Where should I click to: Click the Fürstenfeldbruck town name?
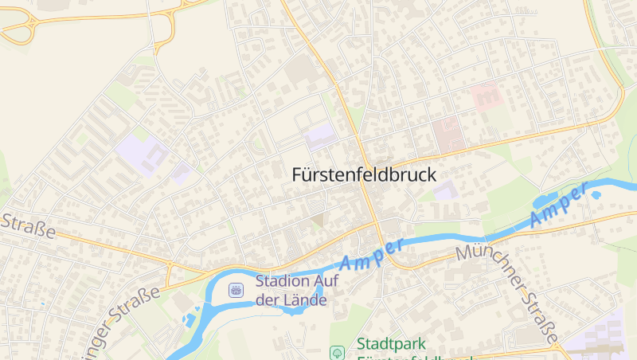point(365,174)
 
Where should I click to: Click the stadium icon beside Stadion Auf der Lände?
point(236,290)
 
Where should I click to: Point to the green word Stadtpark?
point(391,344)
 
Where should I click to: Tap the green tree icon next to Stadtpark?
point(338,352)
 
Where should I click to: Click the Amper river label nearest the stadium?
point(371,253)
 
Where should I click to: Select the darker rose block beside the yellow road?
point(448,133)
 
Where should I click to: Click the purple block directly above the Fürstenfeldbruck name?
point(321,137)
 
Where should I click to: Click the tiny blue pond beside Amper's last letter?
point(596,194)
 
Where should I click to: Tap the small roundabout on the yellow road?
point(170,263)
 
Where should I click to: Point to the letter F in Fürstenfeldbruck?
point(298,174)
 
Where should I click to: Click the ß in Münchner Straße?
point(543,323)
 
